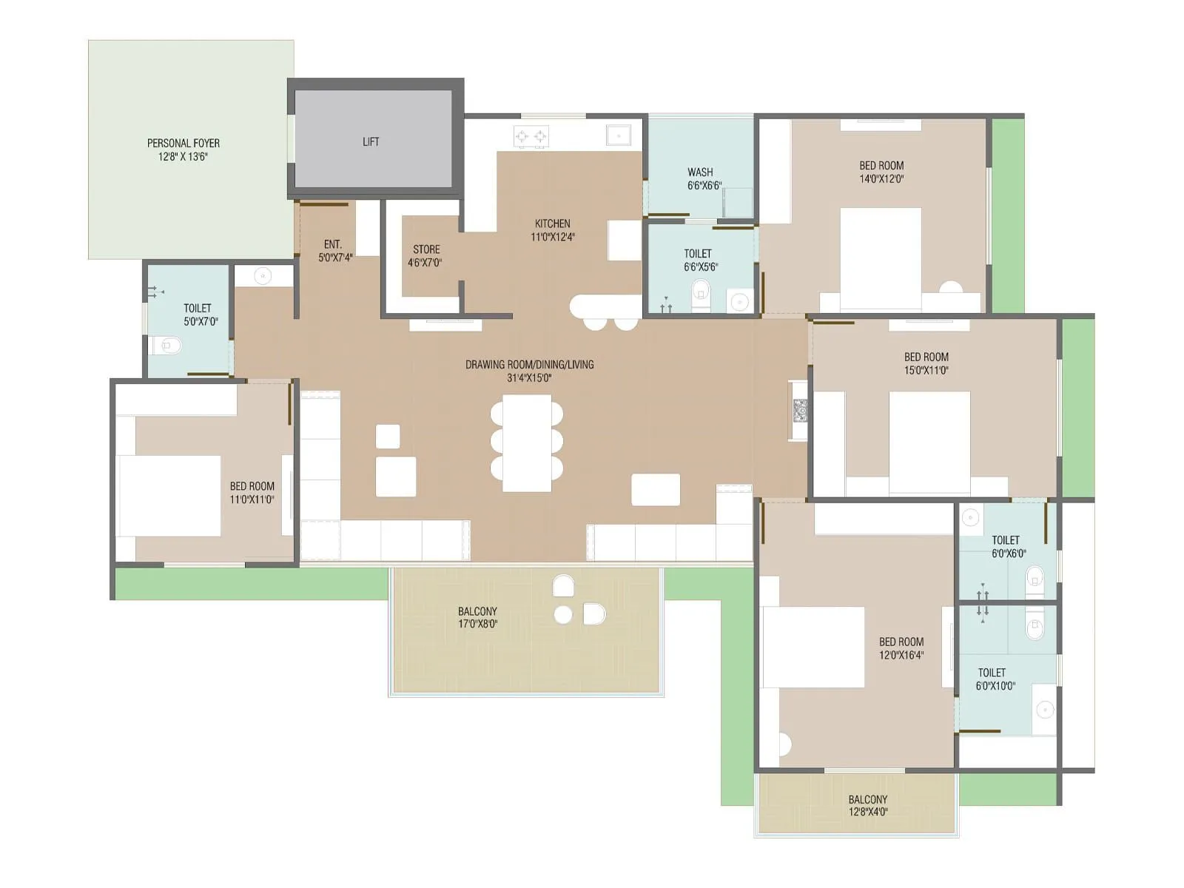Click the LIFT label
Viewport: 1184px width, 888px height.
[371, 141]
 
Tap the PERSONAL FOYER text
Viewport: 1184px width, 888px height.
[184, 143]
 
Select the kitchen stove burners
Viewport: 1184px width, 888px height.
[531, 137]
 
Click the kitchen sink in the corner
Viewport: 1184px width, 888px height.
[618, 135]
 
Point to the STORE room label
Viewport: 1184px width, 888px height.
[426, 249]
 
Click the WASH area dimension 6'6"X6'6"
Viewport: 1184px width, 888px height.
[704, 186]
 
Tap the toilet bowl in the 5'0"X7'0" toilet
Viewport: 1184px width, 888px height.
[167, 345]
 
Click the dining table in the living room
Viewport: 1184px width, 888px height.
[527, 443]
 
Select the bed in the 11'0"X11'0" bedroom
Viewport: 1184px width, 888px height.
[171, 495]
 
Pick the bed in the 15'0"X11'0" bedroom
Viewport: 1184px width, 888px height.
[929, 442]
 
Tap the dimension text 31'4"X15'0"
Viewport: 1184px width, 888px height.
[529, 378]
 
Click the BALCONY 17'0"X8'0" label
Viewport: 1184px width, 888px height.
[477, 611]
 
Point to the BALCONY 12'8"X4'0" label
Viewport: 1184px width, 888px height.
[867, 799]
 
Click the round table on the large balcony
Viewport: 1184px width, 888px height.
[563, 614]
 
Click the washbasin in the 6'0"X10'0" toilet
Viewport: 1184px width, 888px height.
[1044, 710]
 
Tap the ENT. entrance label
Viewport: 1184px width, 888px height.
[333, 244]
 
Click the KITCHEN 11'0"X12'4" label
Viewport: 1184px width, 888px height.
[552, 223]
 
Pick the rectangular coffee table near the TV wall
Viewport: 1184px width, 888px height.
[656, 490]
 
